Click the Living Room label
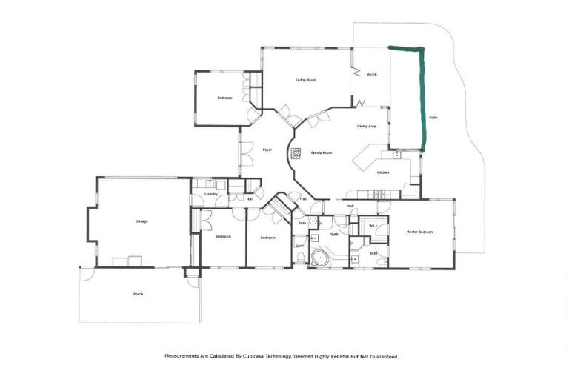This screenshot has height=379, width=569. [x=306, y=80]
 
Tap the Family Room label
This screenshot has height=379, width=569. [x=321, y=152]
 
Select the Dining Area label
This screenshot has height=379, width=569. [x=367, y=127]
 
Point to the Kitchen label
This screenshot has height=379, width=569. [x=383, y=172]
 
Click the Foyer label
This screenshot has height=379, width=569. [x=267, y=150]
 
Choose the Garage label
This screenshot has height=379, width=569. [x=141, y=221]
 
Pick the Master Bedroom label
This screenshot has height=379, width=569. [x=419, y=232]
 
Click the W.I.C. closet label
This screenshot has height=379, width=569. [x=374, y=225]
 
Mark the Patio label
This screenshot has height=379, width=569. [x=433, y=118]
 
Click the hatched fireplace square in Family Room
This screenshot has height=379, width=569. [x=296, y=154]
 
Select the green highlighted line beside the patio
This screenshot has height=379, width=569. [x=422, y=96]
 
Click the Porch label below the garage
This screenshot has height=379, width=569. [x=138, y=294]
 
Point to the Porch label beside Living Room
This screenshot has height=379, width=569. [x=372, y=75]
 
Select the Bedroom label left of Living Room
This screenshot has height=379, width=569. [x=224, y=98]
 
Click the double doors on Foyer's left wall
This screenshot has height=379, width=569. [x=241, y=152]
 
